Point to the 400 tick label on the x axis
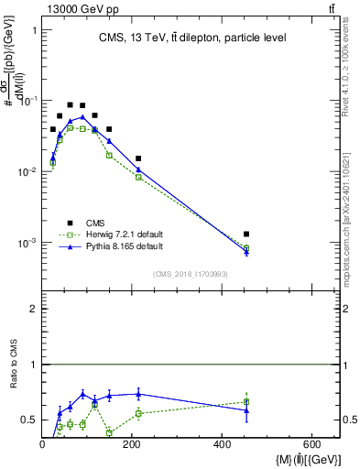pyautogui.click(x=222, y=443)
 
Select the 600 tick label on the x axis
pyautogui.click(x=311, y=443)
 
